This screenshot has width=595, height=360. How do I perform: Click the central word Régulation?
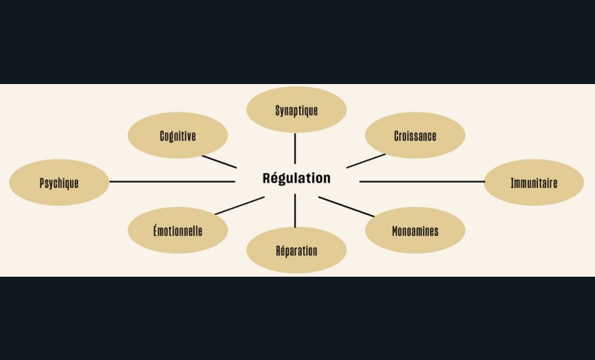[296, 179]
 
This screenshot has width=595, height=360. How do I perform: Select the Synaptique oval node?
[296, 110]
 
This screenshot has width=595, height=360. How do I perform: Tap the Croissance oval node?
[415, 135]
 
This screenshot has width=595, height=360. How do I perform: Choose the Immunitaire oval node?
[534, 182]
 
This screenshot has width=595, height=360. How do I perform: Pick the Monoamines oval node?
[415, 231]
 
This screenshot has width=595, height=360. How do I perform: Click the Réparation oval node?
[296, 251]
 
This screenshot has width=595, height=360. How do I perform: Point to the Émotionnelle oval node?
[177, 231]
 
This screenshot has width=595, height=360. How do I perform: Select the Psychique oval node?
[59, 182]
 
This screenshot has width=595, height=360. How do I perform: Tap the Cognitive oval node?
[177, 135]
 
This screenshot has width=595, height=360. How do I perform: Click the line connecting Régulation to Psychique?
[171, 181]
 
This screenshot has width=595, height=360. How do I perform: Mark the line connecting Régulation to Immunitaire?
[422, 181]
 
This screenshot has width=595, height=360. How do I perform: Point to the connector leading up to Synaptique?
[295, 148]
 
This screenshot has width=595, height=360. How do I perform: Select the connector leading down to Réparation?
[295, 210]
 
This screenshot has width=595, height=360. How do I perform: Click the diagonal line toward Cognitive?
[219, 161]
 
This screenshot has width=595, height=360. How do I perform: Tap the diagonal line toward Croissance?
[366, 161]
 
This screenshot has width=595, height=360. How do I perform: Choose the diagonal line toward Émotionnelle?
[239, 205]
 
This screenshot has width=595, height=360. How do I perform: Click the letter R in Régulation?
[267, 179]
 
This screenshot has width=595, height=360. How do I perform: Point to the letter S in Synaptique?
[277, 110]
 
